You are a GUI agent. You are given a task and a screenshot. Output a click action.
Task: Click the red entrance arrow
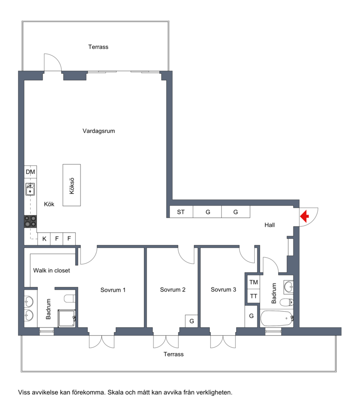[305, 216]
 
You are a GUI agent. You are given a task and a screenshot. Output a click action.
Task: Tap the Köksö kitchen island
[72, 185]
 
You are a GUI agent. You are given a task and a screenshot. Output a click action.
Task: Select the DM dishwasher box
[30, 172]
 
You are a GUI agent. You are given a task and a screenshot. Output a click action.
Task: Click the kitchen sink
[30, 189]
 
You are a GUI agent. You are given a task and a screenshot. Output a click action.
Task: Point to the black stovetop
[30, 221]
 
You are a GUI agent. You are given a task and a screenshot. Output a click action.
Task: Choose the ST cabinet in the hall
[181, 212]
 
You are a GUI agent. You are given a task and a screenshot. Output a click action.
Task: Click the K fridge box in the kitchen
[44, 238]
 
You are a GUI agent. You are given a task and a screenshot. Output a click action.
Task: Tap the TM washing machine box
[253, 282]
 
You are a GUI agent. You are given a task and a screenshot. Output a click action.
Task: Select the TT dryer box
[253, 296]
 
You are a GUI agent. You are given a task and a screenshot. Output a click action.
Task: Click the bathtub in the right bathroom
[277, 318]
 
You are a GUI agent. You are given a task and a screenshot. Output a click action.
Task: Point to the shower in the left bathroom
[67, 318]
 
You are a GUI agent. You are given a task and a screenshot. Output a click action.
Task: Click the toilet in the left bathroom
[70, 298]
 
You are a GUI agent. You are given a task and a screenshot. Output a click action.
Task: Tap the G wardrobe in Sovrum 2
[192, 321]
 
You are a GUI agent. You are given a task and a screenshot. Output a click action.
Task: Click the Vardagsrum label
[99, 131]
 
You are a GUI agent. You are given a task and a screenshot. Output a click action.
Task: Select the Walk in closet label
[52, 270]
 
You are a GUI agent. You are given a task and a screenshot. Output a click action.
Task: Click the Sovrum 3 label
[223, 290]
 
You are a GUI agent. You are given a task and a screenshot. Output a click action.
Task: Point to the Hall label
[270, 225]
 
